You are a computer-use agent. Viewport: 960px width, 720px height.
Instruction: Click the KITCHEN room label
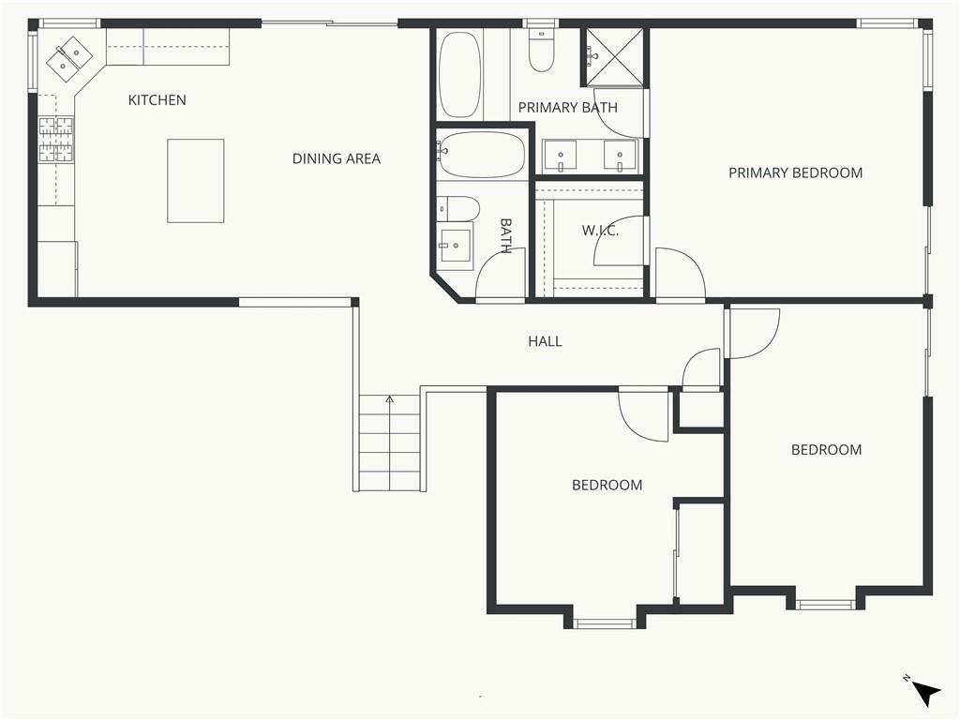(x=157, y=99)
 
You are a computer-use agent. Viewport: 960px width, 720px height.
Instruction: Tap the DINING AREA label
(x=337, y=158)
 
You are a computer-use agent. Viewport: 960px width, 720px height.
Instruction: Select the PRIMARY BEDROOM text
(x=795, y=172)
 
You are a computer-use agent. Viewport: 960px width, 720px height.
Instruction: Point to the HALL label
(x=545, y=341)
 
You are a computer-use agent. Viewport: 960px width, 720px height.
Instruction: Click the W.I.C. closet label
(x=600, y=231)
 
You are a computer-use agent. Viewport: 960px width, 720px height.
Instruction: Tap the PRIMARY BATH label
(x=567, y=108)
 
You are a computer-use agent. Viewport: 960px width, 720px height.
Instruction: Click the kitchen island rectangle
(x=195, y=181)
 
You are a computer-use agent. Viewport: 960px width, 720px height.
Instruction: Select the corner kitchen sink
(x=69, y=59)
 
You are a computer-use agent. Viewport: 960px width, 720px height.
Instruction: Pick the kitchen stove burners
(x=55, y=141)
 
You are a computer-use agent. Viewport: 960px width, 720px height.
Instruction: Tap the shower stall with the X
(x=613, y=56)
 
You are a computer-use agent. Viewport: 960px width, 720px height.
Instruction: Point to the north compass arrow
(x=927, y=694)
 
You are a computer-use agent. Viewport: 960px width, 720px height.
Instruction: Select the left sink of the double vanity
(x=560, y=155)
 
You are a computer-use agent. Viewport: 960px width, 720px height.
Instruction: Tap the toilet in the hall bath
(x=457, y=209)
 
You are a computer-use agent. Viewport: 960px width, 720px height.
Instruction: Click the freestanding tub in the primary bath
(x=459, y=74)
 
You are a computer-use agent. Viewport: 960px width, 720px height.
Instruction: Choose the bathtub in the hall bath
(x=481, y=155)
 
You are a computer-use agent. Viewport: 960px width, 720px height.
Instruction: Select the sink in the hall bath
(x=457, y=246)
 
